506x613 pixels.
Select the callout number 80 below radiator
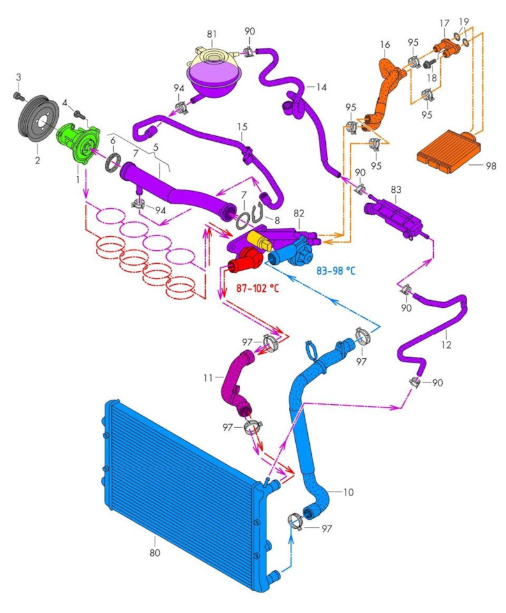(155, 553)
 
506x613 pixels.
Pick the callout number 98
(490, 165)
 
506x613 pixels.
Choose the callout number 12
(447, 345)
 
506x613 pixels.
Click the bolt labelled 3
(19, 96)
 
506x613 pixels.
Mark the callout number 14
(321, 86)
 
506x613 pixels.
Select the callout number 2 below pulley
(38, 160)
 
